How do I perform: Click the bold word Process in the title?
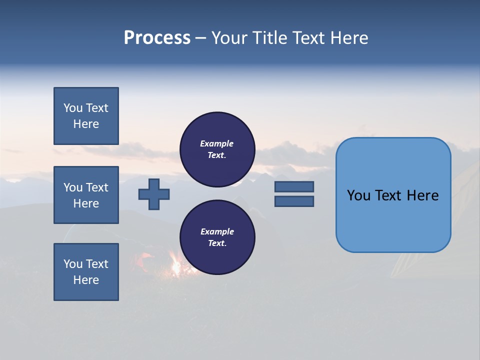157,38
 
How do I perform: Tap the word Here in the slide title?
348,38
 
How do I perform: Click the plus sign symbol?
154,194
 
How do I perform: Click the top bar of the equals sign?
294,186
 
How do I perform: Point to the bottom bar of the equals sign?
294,201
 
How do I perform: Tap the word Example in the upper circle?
217,143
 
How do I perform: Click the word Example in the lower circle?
217,231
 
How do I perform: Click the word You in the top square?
73,108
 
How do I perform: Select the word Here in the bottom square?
86,280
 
